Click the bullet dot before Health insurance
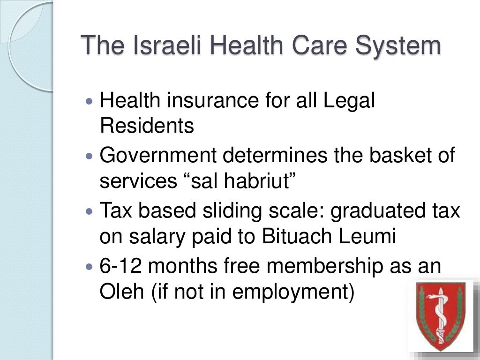pos(90,101)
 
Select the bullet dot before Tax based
pos(90,211)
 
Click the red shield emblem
pos(440,315)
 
